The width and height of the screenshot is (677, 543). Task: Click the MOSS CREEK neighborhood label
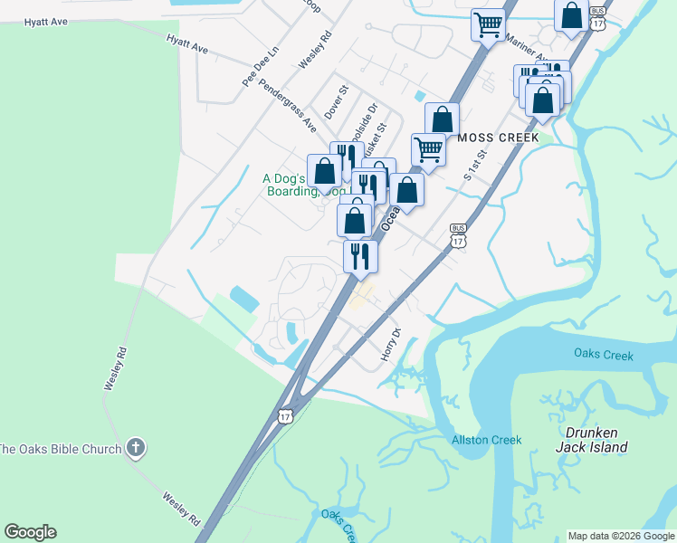pos(498,138)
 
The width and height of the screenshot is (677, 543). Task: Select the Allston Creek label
pos(486,441)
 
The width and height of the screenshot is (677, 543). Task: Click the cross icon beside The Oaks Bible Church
pos(135,447)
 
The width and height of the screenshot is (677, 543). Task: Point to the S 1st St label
pos(475,164)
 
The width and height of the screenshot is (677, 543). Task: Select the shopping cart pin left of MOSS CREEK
pos(428,149)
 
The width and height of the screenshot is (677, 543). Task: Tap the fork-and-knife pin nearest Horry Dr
pos(360,256)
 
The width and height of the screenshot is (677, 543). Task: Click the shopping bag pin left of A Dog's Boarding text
pos(324,170)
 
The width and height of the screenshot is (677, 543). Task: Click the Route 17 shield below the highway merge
pos(286,415)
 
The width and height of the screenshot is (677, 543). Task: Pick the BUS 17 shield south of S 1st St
pos(458,237)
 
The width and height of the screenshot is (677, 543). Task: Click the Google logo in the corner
pos(30,532)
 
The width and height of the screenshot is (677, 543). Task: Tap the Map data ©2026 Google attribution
pos(621,536)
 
